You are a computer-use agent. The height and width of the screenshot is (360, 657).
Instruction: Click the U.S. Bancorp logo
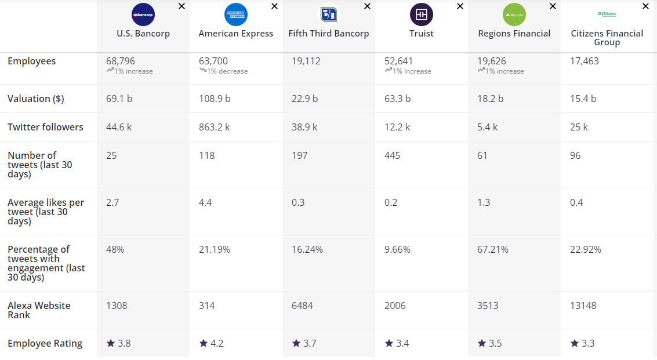coord(143,14)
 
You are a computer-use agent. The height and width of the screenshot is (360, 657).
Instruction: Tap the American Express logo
coord(236,14)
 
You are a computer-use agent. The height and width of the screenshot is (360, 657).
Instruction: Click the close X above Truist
coord(460,6)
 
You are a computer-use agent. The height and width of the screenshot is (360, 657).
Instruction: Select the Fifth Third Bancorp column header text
coord(329,34)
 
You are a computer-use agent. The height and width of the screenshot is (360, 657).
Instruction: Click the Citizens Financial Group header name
coord(607,38)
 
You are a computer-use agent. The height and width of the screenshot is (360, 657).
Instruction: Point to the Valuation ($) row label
coord(36,99)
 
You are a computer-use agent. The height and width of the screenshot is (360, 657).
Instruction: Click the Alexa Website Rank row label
coord(39,310)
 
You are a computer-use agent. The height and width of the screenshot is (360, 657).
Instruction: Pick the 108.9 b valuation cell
coord(215,99)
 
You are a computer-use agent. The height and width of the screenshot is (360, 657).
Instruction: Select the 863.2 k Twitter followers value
coord(215,127)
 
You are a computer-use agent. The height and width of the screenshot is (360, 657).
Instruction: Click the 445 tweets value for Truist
coord(392,155)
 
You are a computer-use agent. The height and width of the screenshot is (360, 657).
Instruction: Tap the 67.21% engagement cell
coord(493,249)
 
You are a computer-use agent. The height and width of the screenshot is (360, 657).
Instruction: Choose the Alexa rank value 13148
coord(583,306)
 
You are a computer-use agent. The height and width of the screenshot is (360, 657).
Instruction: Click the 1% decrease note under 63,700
coord(227,71)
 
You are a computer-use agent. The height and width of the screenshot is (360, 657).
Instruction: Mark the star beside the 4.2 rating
coord(203,343)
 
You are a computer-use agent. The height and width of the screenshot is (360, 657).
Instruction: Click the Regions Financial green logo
coord(514,14)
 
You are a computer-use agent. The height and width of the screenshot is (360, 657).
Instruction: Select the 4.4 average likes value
coord(205,202)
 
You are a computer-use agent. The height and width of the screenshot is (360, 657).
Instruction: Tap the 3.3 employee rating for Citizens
coord(587,343)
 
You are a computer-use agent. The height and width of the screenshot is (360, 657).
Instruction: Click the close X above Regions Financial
coord(553,6)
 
